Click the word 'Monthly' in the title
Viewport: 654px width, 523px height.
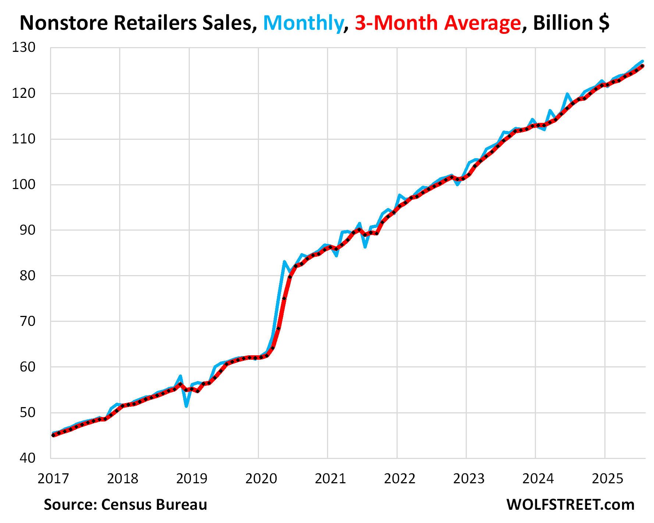[x=303, y=23]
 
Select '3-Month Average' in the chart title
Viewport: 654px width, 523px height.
[x=438, y=23]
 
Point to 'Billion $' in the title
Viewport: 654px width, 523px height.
[x=571, y=23]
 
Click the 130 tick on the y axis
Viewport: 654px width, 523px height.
[x=24, y=47]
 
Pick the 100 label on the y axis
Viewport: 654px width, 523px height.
[x=24, y=184]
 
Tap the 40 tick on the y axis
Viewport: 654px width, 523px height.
[x=28, y=458]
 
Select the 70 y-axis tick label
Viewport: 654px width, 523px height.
[x=28, y=321]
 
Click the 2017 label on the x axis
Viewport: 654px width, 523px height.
[x=53, y=478]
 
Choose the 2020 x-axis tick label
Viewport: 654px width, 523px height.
[x=261, y=478]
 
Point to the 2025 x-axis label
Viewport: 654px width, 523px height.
[x=608, y=478]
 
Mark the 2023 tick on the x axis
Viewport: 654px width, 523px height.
[x=469, y=478]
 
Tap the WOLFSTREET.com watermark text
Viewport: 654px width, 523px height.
[x=571, y=505]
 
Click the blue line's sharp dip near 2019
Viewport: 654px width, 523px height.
[x=187, y=406]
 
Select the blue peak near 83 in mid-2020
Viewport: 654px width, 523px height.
[x=284, y=262]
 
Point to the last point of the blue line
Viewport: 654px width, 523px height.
[x=642, y=61]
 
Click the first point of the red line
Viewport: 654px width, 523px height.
[x=53, y=435]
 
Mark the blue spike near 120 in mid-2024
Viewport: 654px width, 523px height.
[x=567, y=94]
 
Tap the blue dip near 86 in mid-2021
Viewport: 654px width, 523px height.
[x=365, y=247]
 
